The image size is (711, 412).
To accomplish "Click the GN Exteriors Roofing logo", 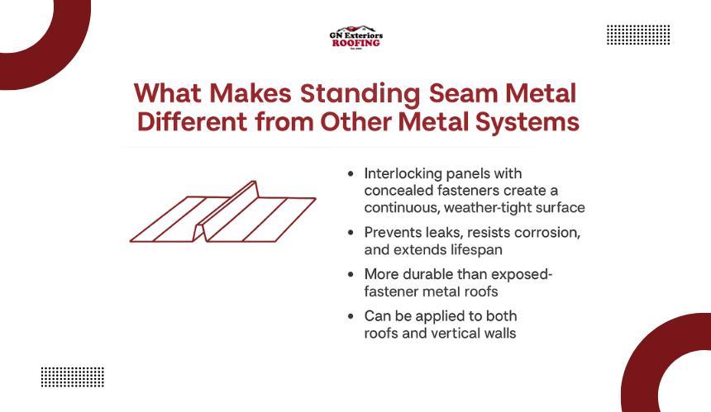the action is [356, 37].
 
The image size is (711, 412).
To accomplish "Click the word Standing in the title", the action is [360, 94].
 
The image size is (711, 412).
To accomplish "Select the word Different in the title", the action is [193, 122].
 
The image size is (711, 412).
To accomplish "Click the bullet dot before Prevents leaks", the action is [351, 233].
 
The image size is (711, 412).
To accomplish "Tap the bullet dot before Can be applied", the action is [351, 316].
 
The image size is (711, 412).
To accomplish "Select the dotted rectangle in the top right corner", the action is [638, 35].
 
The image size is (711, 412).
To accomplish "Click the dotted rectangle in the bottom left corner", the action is [73, 377].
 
